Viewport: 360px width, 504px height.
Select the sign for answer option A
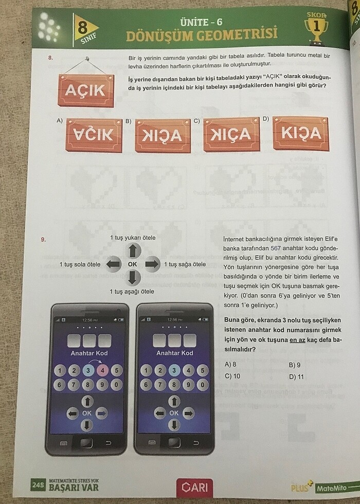tap(94, 135)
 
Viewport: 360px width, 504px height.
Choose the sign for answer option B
tap(163, 136)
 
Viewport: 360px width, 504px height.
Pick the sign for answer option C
tap(231, 135)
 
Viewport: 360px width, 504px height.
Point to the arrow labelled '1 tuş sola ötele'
tap(113, 264)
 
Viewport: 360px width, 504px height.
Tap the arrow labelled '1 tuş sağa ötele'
tap(152, 264)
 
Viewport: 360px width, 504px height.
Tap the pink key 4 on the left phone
tap(102, 370)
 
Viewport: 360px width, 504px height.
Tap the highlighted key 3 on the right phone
tap(175, 370)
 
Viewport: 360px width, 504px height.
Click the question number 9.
tap(44, 239)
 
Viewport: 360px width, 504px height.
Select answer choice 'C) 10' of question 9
tap(233, 375)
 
